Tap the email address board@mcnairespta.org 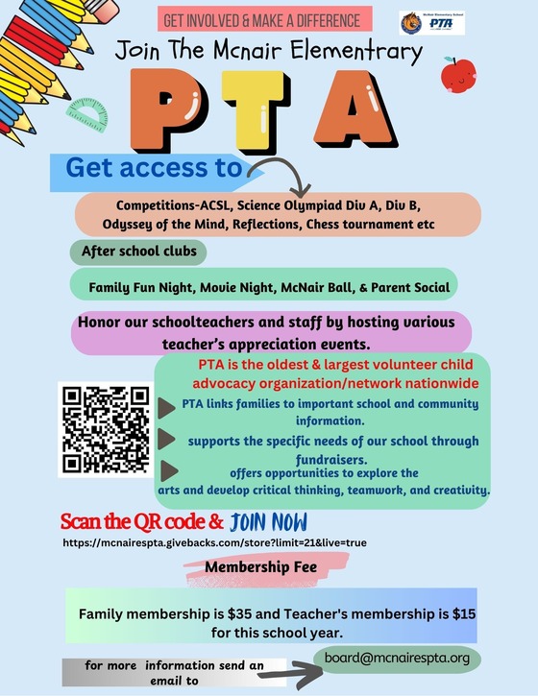click(x=397, y=658)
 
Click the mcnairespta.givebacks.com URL click(x=213, y=542)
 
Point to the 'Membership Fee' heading click(x=261, y=566)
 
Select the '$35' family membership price click(x=257, y=614)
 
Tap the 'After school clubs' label click(x=137, y=252)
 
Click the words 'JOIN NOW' click(x=269, y=522)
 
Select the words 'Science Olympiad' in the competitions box click(x=310, y=206)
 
